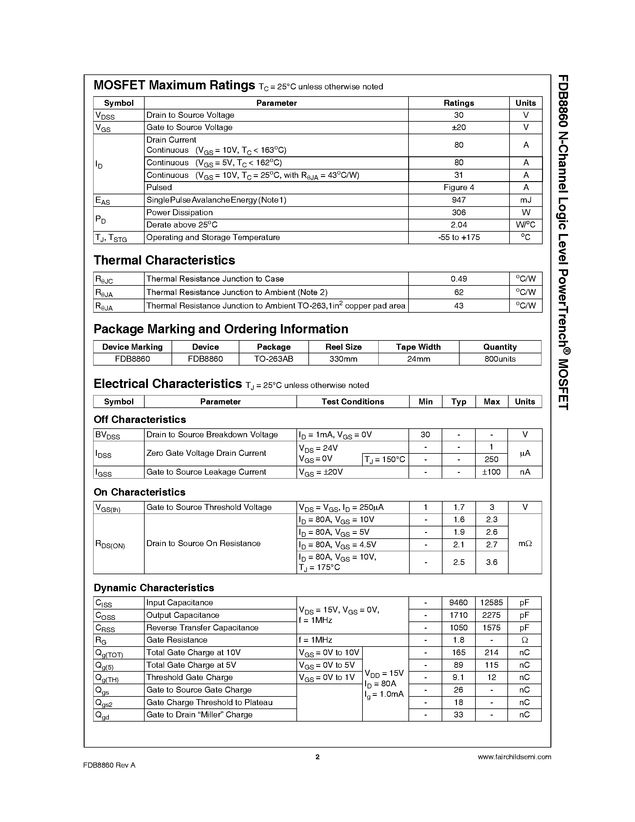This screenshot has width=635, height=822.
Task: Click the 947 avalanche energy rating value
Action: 459,200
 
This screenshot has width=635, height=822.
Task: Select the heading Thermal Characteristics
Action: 164,260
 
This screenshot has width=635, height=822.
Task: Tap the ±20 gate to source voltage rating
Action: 459,127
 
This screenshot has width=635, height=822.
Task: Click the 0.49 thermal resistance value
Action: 459,279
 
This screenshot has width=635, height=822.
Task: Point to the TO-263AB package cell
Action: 273,359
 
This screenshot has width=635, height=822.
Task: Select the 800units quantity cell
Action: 500,359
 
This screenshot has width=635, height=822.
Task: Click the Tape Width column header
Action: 418,347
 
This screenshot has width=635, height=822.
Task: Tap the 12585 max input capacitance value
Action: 491,603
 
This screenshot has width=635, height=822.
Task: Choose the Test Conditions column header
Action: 353,402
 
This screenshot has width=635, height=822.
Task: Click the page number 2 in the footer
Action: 317,757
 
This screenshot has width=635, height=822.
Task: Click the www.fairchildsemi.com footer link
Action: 514,757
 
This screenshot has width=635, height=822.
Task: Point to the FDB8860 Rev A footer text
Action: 109,765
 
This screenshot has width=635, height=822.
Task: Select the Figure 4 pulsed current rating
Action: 459,187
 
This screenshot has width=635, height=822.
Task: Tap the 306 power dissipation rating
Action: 459,212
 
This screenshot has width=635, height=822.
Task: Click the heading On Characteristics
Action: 139,492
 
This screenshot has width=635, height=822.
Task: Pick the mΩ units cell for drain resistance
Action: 525,543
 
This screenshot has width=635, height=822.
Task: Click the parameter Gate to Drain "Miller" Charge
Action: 199,715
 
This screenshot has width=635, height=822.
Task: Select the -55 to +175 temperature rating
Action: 459,237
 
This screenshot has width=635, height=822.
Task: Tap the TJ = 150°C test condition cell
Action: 385,459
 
